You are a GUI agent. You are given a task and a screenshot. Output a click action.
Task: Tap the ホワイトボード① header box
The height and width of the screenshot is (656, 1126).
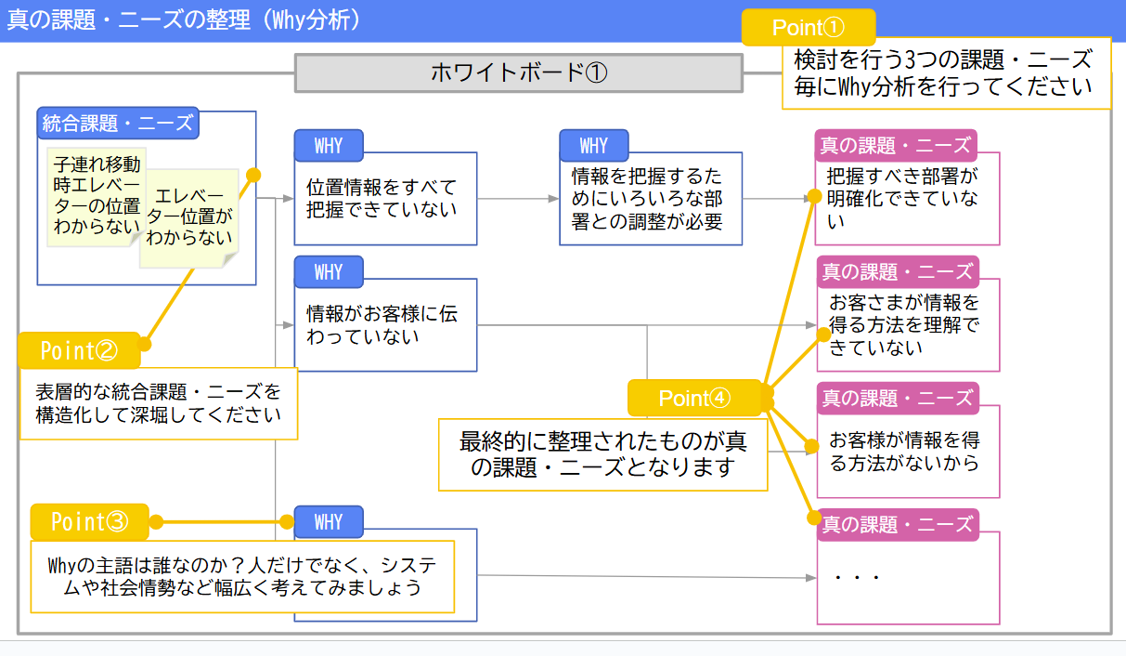coord(519,72)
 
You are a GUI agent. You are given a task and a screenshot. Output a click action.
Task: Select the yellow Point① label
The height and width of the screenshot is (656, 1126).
coord(808,27)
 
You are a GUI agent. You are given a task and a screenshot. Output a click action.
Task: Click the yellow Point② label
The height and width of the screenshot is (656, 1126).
coord(79,350)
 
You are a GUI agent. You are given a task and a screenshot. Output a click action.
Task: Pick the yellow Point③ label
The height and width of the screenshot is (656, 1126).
coord(89,522)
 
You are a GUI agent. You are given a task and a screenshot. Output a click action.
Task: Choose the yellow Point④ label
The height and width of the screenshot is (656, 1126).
coord(695,398)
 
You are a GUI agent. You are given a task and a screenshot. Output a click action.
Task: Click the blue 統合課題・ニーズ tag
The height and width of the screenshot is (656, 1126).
coord(118,123)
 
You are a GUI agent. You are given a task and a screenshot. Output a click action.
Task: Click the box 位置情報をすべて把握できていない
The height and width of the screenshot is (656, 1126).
coord(384,199)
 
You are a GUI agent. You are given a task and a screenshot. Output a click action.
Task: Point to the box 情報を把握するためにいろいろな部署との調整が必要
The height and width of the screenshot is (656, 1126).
coord(650,199)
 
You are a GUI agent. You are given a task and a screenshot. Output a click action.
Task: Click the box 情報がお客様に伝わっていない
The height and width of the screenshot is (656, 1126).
coord(384,325)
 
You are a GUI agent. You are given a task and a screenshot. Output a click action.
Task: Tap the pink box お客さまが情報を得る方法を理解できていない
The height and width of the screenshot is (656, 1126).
coord(906,325)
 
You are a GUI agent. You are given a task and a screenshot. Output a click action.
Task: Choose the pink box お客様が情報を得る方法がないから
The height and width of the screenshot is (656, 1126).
coord(906,452)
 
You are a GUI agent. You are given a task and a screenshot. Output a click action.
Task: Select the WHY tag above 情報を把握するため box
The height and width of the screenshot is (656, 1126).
coord(593,146)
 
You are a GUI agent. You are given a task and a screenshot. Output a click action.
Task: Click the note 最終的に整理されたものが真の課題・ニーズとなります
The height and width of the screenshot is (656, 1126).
coord(602,453)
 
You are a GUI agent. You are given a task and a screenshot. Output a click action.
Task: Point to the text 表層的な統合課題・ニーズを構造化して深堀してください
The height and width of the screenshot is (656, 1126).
coord(158,402)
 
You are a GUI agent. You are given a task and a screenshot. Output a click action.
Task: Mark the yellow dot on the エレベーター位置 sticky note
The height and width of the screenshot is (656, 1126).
coord(252,175)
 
